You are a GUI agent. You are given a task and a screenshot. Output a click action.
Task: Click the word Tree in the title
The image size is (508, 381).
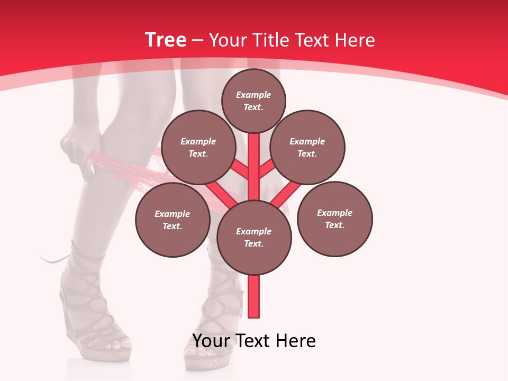click(x=166, y=40)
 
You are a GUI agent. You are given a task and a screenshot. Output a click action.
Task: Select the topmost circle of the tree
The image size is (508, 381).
click(x=253, y=101)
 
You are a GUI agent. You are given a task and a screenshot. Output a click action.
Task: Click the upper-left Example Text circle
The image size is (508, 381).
click(x=198, y=148)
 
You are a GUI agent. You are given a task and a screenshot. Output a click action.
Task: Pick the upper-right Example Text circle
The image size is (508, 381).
click(x=307, y=148)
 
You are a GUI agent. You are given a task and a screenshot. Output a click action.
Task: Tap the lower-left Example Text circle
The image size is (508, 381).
click(x=173, y=220)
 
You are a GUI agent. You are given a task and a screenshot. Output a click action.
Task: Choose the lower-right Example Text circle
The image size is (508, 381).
click(x=334, y=219)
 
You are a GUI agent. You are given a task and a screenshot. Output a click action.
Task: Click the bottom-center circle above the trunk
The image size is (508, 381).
click(x=254, y=237)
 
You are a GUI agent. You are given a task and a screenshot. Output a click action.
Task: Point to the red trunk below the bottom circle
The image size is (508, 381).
click(x=254, y=296)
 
